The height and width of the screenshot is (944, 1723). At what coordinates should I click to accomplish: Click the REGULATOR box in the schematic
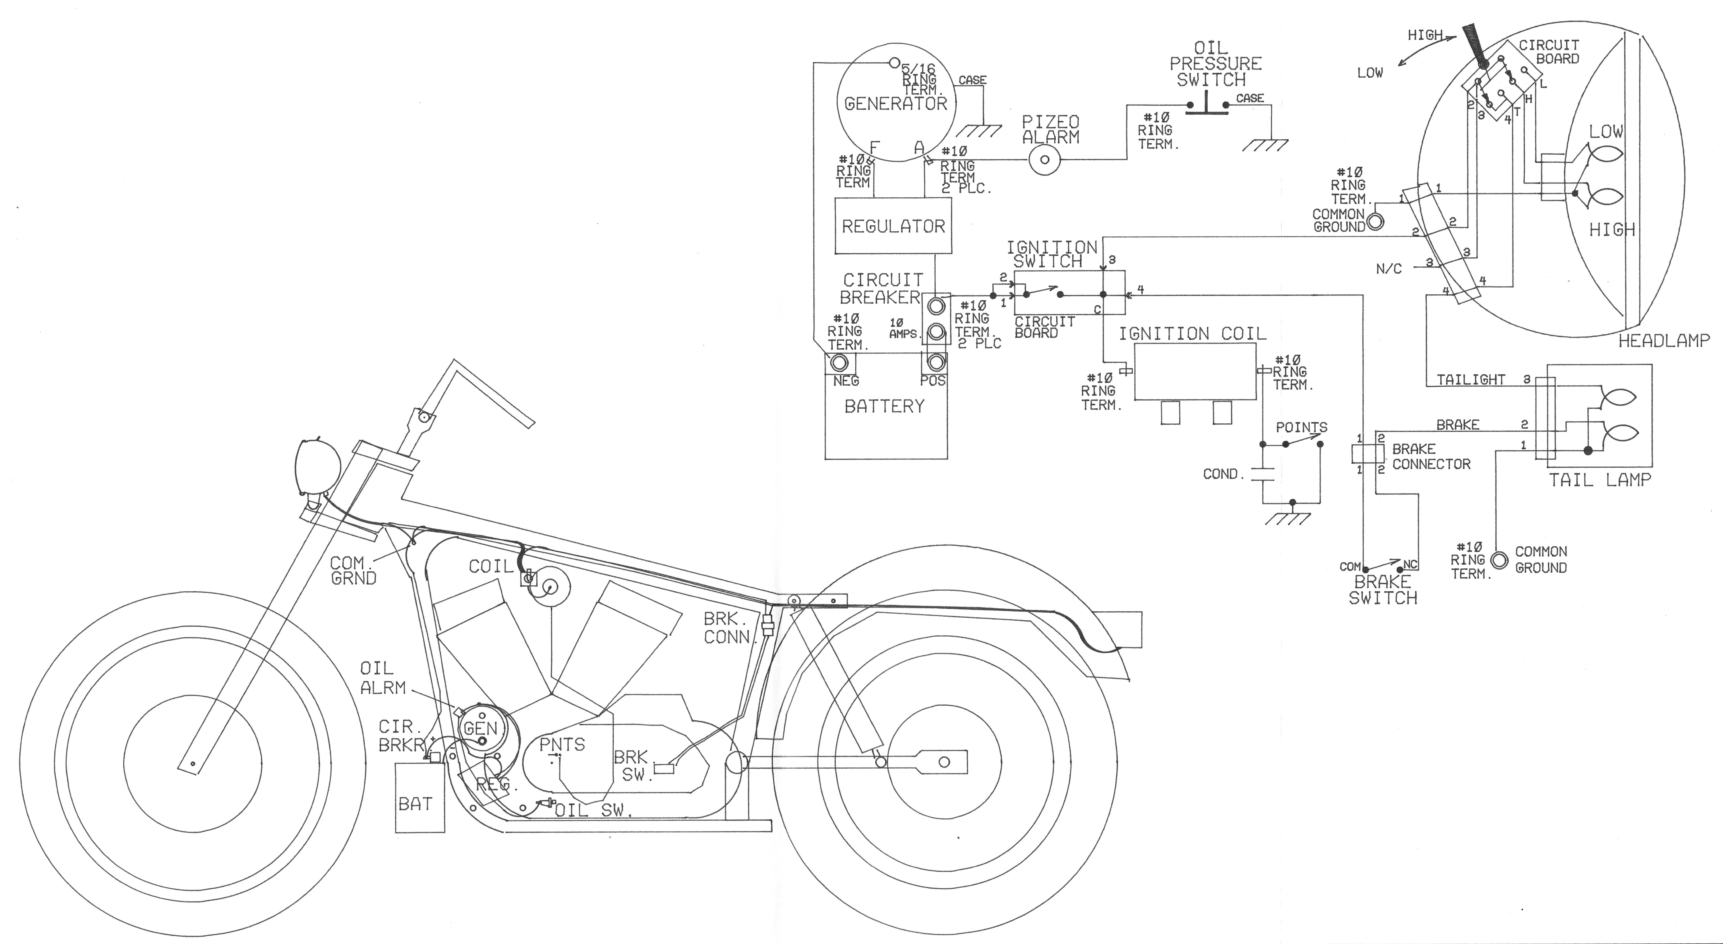tap(893, 226)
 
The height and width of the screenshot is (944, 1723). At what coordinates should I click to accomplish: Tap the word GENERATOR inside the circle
tap(896, 104)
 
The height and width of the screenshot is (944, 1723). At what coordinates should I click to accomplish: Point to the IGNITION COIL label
tap(1192, 333)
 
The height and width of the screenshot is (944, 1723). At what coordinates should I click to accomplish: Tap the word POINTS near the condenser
tap(1301, 427)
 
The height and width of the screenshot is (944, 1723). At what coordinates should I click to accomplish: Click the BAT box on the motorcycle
tap(419, 797)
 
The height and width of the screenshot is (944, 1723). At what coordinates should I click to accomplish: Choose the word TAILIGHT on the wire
tap(1471, 379)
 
